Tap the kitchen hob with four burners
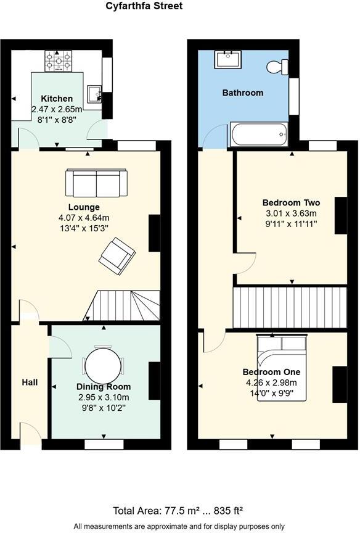(59, 62)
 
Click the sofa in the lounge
(96, 183)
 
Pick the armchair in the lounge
(118, 256)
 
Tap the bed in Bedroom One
(281, 368)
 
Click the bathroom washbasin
(228, 60)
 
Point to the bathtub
(258, 134)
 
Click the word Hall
(30, 382)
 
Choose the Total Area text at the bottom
(179, 510)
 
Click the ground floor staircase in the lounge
(127, 306)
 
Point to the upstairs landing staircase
(290, 307)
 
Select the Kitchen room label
(57, 99)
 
